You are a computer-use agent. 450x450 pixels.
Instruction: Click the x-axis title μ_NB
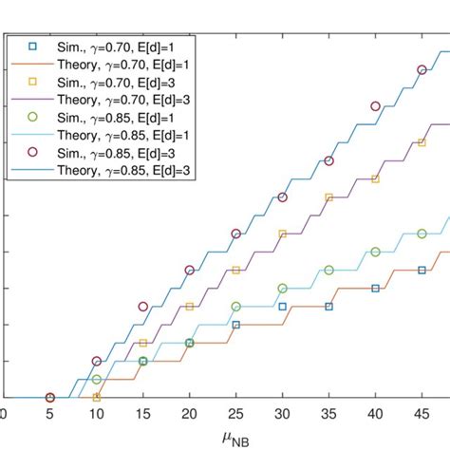point(224,438)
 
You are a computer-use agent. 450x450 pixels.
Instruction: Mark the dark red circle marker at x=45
point(422,70)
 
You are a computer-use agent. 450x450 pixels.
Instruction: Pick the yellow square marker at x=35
point(329,197)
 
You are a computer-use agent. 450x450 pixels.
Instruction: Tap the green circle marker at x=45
point(422,234)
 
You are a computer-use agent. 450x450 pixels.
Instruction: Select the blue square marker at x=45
point(422,271)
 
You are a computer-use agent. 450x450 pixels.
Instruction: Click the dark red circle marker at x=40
point(376,106)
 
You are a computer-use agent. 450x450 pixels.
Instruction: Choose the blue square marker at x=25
point(236,325)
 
